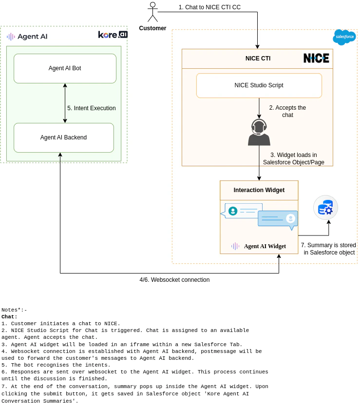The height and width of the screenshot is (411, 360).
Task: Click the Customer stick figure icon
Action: (x=152, y=12)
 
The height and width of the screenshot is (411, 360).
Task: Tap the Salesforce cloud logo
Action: (x=344, y=37)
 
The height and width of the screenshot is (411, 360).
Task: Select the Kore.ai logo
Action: (x=113, y=35)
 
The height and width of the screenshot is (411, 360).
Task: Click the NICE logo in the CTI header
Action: (x=316, y=59)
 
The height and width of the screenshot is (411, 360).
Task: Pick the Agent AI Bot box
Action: (x=65, y=68)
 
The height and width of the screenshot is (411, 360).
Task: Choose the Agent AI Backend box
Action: (x=63, y=137)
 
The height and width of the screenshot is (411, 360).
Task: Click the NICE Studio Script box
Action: (x=259, y=85)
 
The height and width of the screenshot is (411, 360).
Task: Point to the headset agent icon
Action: (x=259, y=132)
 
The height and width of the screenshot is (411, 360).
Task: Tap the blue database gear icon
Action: (x=325, y=208)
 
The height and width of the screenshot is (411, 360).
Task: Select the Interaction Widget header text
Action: (x=259, y=190)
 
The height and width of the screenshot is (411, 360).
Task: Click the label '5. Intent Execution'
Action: (x=92, y=108)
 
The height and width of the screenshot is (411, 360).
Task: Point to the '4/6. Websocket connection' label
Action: (x=174, y=280)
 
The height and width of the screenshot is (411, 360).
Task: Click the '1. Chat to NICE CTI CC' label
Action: (x=209, y=7)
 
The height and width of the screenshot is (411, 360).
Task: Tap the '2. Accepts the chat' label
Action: (x=287, y=111)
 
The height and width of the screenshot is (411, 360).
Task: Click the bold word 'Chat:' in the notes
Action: (x=9, y=317)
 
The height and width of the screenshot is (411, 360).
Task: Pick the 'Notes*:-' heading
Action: (x=14, y=310)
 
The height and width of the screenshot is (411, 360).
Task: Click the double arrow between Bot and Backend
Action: (x=65, y=103)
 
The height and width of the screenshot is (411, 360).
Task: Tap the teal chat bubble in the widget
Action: (x=242, y=211)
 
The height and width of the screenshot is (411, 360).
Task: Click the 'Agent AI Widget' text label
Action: (x=265, y=246)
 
